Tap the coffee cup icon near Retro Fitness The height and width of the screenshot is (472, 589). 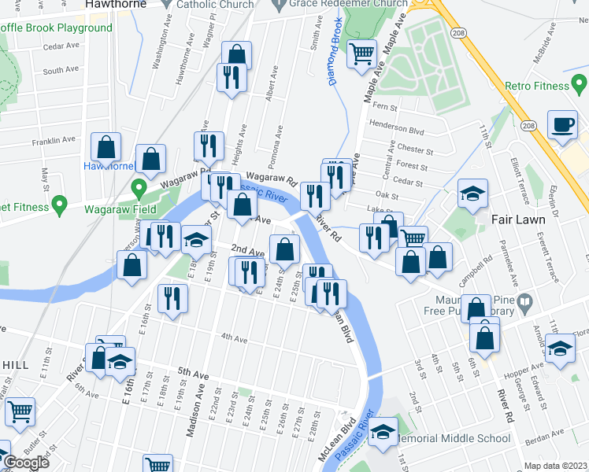click(x=562, y=125)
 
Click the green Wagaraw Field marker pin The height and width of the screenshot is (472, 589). click(x=139, y=189)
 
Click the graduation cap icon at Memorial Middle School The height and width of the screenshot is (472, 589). click(x=383, y=432)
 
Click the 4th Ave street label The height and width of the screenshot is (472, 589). click(x=234, y=339)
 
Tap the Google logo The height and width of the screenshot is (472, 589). click(x=26, y=462)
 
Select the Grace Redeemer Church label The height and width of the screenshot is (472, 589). click(x=347, y=4)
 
